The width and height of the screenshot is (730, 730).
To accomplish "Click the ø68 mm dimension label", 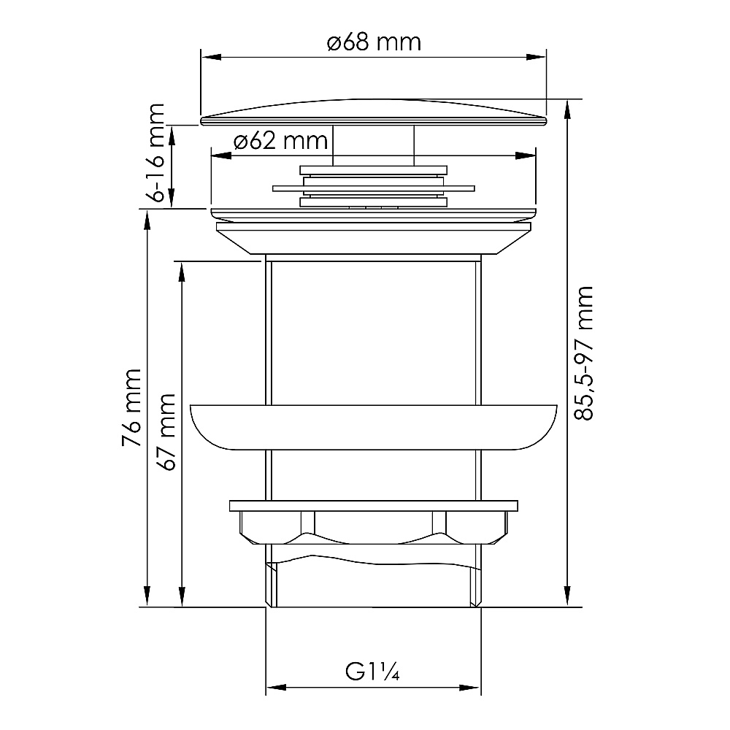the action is [x=374, y=42].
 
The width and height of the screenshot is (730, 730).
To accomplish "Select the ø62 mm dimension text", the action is [x=280, y=140].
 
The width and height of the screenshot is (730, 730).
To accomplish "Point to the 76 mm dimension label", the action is [x=131, y=408].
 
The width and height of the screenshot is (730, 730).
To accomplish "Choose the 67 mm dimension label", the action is [x=167, y=432].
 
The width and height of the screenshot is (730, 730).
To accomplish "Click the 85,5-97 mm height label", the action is [x=583, y=354].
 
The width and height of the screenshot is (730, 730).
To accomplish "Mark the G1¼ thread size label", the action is [x=372, y=672].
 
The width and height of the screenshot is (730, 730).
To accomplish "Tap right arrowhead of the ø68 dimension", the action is [x=536, y=57].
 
